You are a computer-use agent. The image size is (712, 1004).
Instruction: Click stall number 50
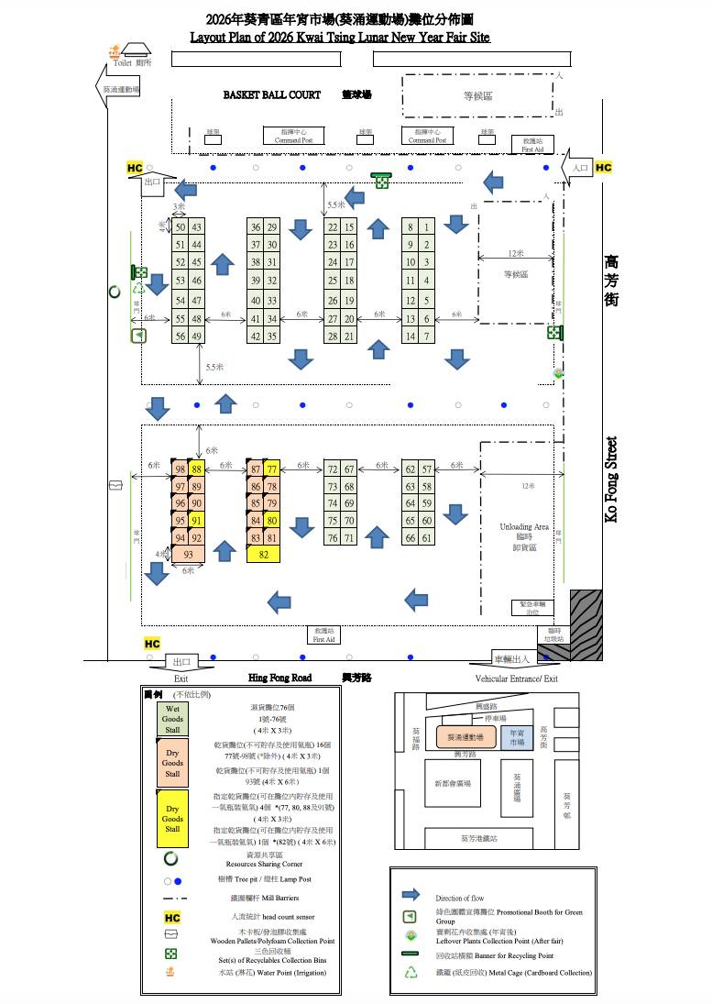pyautogui.click(x=181, y=227)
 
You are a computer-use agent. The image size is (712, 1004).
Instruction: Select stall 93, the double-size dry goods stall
pyautogui.click(x=188, y=555)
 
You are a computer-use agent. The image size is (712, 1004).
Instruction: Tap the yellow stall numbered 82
pyautogui.click(x=264, y=555)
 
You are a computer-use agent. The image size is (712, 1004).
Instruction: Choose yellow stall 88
pyautogui.click(x=196, y=469)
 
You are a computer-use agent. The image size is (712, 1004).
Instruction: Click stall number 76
pyautogui.click(x=333, y=538)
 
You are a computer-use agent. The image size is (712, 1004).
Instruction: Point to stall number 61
pyautogui.click(x=427, y=538)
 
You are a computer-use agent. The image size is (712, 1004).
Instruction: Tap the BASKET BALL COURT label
pyautogui.click(x=272, y=94)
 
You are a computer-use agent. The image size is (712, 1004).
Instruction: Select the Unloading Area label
pyautogui.click(x=523, y=527)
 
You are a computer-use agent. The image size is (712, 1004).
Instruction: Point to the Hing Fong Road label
pyautogui.click(x=279, y=678)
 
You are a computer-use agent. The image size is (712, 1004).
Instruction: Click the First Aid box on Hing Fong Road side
pyautogui.click(x=323, y=634)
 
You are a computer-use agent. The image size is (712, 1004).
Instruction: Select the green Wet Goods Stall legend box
pyautogui.click(x=172, y=719)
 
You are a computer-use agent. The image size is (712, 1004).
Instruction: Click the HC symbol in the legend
pyautogui.click(x=171, y=917)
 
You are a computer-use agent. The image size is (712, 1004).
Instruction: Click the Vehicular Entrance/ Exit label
pyautogui.click(x=516, y=679)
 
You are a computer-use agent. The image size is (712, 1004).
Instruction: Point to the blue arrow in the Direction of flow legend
pyautogui.click(x=411, y=895)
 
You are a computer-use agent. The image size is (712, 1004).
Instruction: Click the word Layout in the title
pyautogui.click(x=210, y=38)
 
